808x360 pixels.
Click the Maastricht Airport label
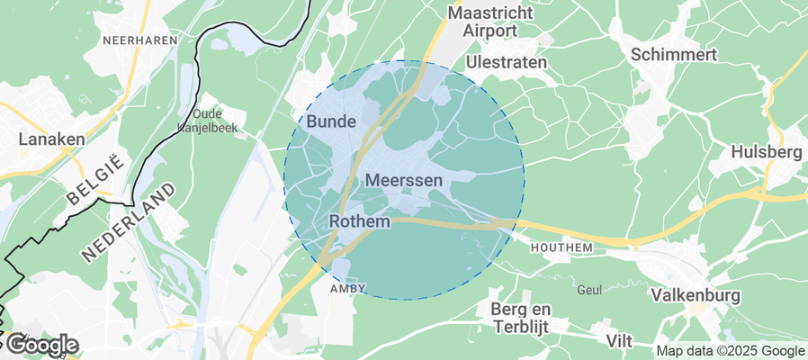pyautogui.click(x=490, y=22)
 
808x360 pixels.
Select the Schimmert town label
pyautogui.click(x=674, y=54)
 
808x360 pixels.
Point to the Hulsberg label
pyautogui.click(x=767, y=151)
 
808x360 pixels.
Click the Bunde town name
pyautogui.click(x=331, y=121)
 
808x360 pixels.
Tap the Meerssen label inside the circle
pyautogui.click(x=405, y=181)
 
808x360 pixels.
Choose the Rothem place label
pyautogui.click(x=360, y=220)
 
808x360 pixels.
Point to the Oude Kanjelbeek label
pyautogui.click(x=214, y=121)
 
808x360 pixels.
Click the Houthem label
pyautogui.click(x=562, y=247)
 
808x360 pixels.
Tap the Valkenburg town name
pyautogui.click(x=695, y=295)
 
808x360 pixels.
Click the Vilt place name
pyautogui.click(x=618, y=340)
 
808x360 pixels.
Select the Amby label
pyautogui.click(x=348, y=288)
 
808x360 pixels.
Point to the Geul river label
pyautogui.click(x=588, y=290)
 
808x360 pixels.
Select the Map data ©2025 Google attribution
pyautogui.click(x=730, y=351)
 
